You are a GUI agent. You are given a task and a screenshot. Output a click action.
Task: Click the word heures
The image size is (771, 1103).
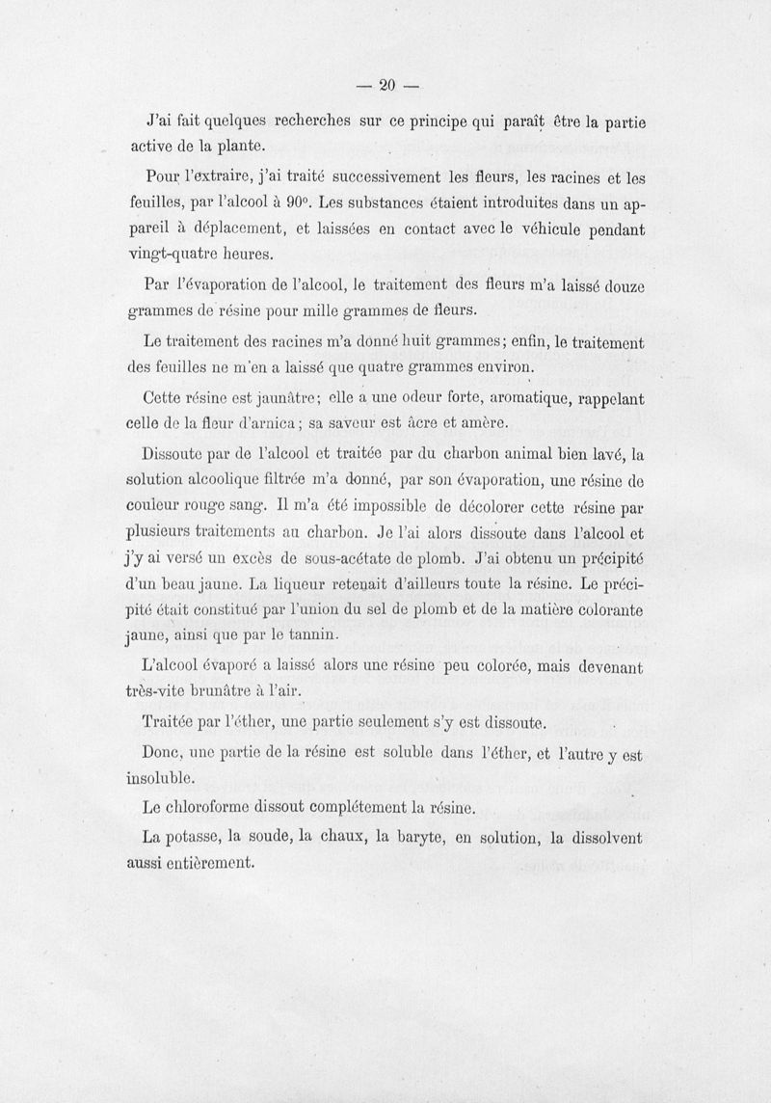(246, 256)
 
